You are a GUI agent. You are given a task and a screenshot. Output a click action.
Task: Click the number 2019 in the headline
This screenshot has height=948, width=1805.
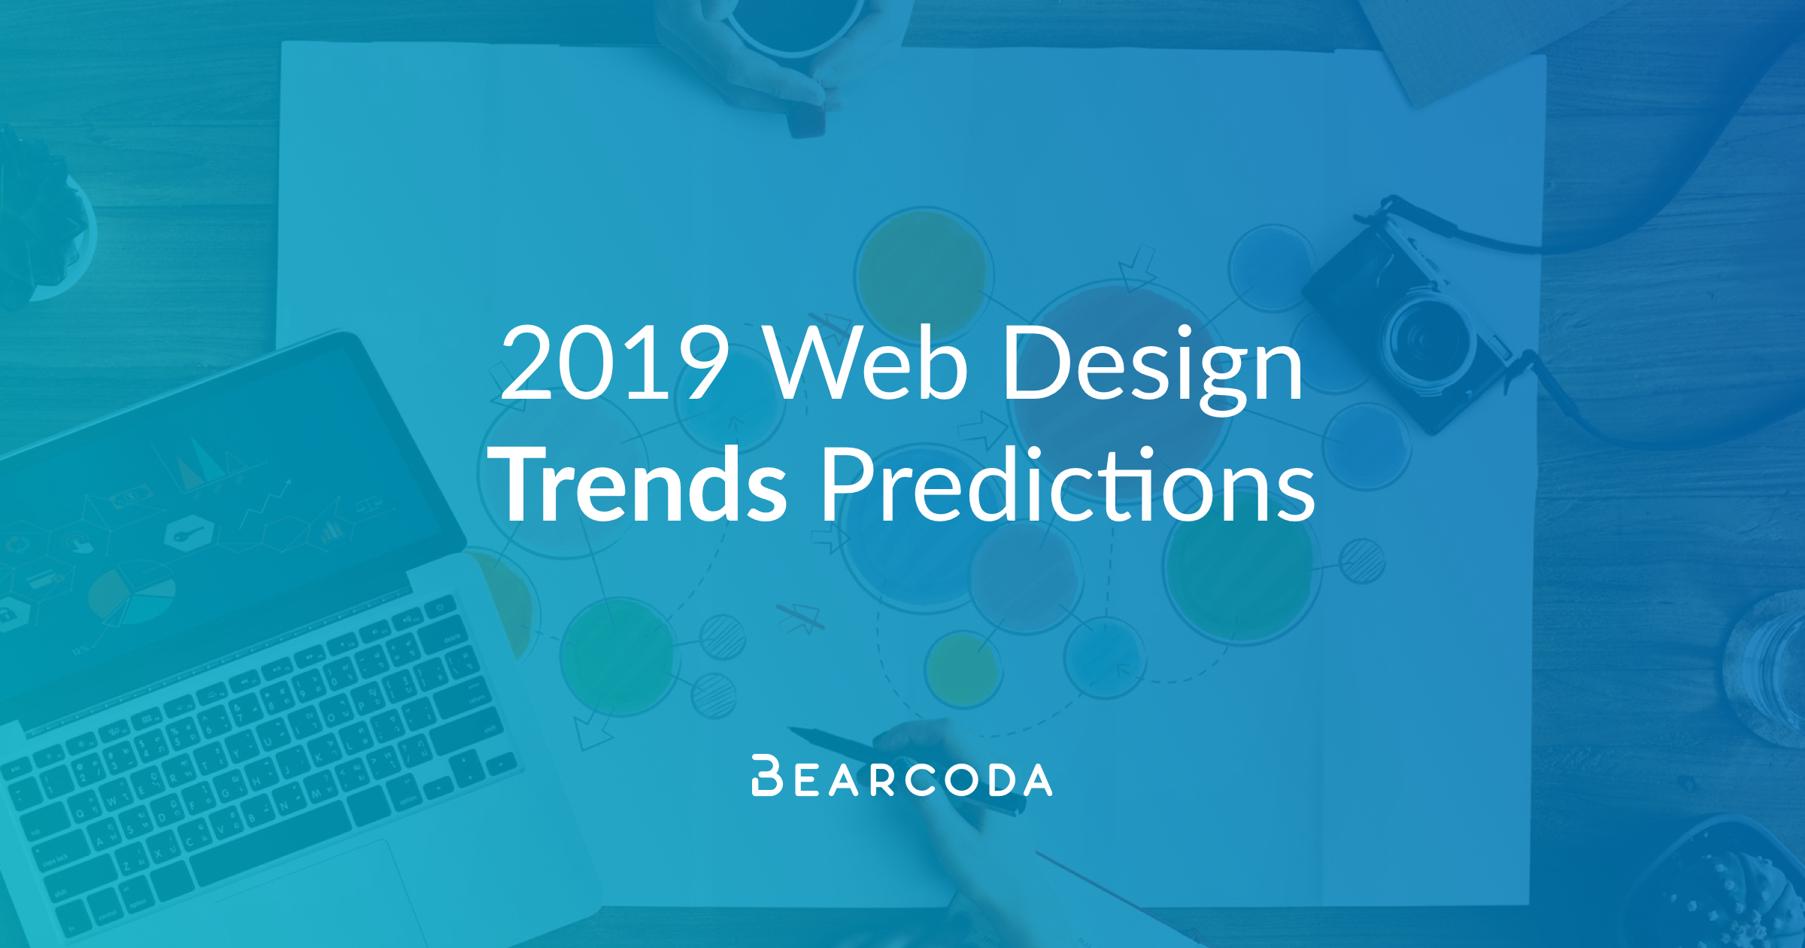tap(614, 363)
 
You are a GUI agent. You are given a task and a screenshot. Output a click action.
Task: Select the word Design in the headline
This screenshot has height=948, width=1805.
tap(1153, 369)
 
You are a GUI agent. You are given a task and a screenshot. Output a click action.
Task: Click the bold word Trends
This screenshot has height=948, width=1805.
tap(638, 483)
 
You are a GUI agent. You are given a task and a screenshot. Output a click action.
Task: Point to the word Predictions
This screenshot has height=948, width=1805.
tap(1069, 483)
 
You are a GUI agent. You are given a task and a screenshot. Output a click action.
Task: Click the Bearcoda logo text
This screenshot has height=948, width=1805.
tap(902, 776)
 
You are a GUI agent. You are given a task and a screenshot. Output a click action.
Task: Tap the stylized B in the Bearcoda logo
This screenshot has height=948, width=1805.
tap(767, 775)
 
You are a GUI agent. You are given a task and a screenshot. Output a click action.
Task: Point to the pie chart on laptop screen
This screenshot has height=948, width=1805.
tap(132, 594)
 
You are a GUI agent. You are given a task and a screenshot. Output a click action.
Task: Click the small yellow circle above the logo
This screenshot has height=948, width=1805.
tap(963, 670)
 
